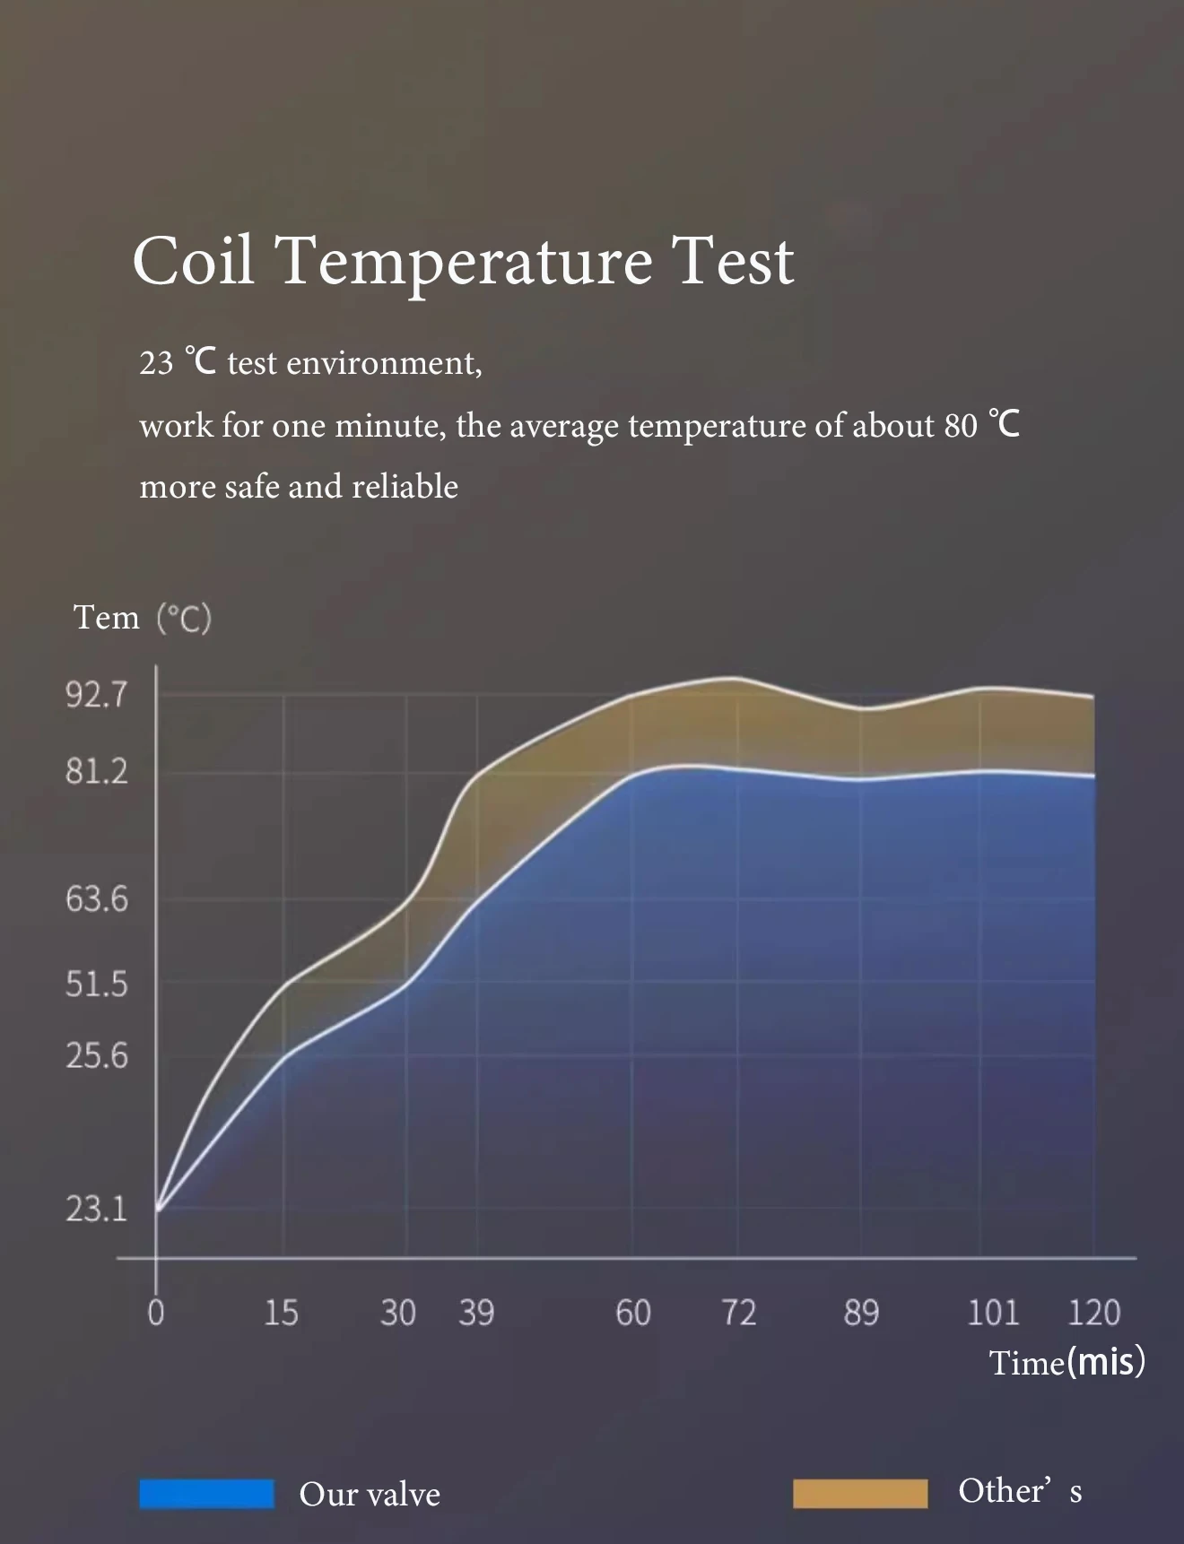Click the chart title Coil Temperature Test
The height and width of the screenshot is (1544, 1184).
point(463,261)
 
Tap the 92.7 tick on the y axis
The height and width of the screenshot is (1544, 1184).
point(97,695)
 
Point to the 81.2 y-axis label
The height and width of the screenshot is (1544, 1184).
point(97,771)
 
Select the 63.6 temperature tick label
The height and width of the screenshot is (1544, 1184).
point(97,898)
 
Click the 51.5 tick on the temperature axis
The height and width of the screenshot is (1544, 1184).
point(97,985)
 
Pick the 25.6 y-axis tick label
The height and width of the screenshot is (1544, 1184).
point(97,1056)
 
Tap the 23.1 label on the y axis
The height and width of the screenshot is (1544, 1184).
point(97,1209)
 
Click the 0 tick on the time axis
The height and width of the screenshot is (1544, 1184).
point(156,1313)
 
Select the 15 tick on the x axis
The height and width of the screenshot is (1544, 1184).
point(281,1313)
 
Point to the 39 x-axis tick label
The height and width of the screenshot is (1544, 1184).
point(476,1313)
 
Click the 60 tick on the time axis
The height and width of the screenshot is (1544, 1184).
point(632,1313)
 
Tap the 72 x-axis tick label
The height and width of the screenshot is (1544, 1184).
point(739,1313)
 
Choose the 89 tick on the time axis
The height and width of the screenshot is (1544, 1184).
point(861,1313)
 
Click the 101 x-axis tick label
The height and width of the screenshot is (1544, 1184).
point(993,1313)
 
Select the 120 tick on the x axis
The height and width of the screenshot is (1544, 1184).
point(1093,1313)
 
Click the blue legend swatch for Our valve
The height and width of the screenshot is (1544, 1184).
point(206,1494)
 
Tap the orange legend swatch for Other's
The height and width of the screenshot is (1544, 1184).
point(860,1494)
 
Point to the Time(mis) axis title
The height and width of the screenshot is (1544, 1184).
point(1066,1362)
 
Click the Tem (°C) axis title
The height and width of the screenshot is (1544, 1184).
point(142,618)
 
